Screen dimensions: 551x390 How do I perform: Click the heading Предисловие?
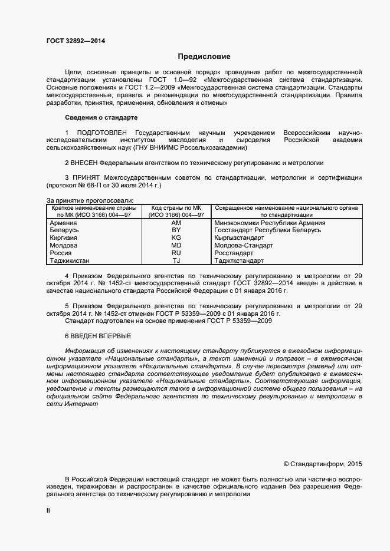click(204, 57)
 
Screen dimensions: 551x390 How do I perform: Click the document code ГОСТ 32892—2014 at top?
click(76, 41)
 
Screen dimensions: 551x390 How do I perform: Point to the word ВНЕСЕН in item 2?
click(84, 163)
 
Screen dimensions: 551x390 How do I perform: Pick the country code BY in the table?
click(176, 230)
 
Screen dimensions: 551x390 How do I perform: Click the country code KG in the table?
click(176, 238)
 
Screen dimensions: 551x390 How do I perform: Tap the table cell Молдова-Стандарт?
click(244, 245)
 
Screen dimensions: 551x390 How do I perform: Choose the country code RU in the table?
click(176, 253)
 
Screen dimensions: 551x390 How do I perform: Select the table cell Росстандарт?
click(236, 253)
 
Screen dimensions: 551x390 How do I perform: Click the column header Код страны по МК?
click(176, 209)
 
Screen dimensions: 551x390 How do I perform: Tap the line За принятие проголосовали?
click(90, 201)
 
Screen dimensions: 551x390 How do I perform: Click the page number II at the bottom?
click(48, 512)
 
